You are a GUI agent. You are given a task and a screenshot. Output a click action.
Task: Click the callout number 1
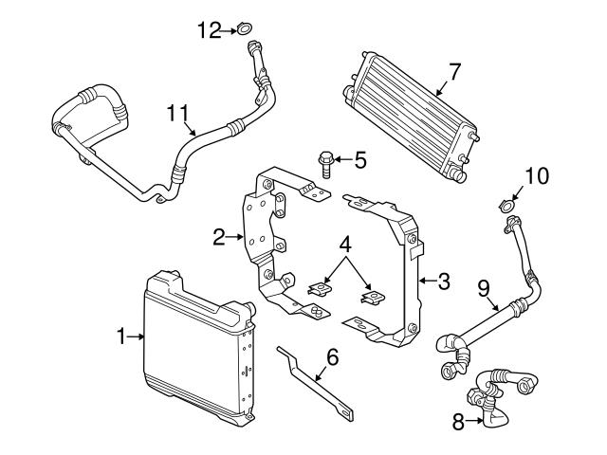coord(121,335)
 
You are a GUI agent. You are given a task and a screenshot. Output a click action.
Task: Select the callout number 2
coord(219,237)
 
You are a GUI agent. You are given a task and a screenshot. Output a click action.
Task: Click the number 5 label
coord(359,160)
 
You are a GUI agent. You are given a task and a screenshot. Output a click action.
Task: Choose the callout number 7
coord(454,70)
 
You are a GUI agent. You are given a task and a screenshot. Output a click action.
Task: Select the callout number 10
coord(536,175)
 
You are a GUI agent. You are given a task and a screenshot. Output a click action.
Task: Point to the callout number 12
coord(208,31)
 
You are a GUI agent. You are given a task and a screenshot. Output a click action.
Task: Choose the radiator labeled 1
coord(194,346)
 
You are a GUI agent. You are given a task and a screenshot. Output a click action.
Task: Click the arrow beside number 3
coord(427,281)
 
